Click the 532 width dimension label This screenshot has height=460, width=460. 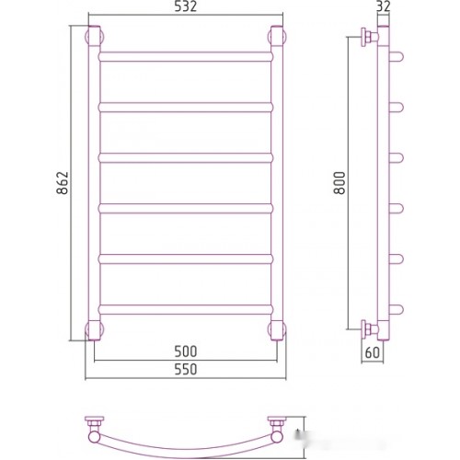click(x=185, y=6)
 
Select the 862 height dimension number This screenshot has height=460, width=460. click(x=63, y=183)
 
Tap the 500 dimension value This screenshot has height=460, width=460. click(x=186, y=351)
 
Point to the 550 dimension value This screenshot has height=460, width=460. click(x=186, y=370)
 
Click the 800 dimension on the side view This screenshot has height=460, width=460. click(x=339, y=183)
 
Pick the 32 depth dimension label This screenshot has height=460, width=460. click(x=384, y=6)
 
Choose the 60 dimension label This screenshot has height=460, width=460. click(x=373, y=352)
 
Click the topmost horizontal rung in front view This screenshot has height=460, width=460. click(x=186, y=57)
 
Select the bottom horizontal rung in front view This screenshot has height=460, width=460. click(x=186, y=309)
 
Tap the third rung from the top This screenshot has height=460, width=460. click(x=186, y=158)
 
